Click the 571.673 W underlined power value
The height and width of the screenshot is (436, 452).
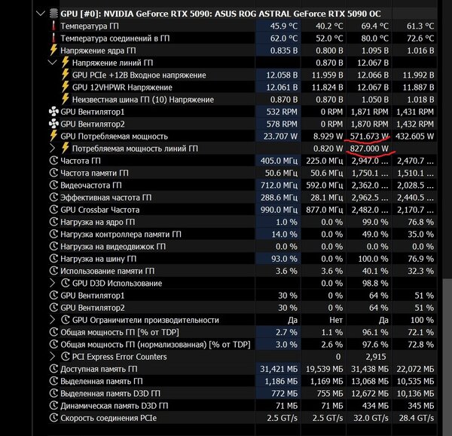pos(369,137)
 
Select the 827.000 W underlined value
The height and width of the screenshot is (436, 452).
pos(369,149)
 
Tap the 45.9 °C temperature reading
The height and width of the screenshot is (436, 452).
pos(284,26)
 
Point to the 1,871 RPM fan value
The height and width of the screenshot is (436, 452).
pos(369,112)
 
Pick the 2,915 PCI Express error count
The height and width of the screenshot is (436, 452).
pos(376,357)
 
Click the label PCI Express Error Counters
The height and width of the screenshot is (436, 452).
pos(119,357)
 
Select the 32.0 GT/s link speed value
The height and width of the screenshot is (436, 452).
pos(371,418)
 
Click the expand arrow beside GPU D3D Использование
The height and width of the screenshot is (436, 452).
pos(52,284)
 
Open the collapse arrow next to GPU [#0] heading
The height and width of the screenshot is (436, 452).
pos(41,14)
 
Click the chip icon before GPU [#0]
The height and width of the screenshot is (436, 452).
pos(53,14)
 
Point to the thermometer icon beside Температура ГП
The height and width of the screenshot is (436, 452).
pos(53,26)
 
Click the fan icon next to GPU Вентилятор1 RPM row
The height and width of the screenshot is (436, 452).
pos(53,112)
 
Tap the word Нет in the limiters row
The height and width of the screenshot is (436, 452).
pos(336,320)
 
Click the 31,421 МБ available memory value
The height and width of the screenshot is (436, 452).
pos(279,369)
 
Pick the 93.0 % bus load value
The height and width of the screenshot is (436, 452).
pos(284,259)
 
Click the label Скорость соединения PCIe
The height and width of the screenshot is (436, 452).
pos(108,418)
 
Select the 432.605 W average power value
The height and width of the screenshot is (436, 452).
pos(414,137)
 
